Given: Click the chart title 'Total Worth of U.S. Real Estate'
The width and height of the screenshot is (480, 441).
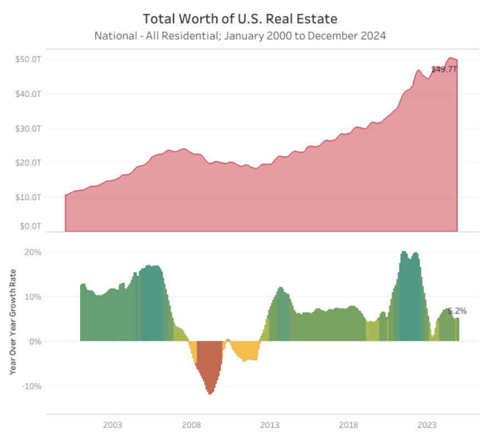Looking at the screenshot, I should tap(240, 18).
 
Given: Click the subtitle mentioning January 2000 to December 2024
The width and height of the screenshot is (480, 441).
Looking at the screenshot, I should tap(240, 36).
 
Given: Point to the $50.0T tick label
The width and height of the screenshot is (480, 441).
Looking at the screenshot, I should tap(29, 59).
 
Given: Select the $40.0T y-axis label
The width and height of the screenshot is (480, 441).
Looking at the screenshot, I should tap(29, 94).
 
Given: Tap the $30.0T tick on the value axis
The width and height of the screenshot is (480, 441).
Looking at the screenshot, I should tap(29, 128).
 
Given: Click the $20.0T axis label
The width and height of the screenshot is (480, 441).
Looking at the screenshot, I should tap(29, 163).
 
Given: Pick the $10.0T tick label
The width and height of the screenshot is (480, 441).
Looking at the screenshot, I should tap(29, 197).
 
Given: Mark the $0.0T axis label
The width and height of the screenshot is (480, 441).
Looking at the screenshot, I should tap(31, 226).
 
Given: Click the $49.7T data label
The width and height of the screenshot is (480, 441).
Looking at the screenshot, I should tap(444, 70).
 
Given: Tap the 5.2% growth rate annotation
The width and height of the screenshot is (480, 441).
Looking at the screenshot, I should tap(457, 311).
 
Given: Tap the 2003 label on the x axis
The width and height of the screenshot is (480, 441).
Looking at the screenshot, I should tap(112, 425).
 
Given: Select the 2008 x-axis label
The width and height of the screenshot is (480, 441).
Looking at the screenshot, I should tap(191, 425).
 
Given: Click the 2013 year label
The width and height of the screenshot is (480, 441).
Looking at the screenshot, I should tap(270, 425).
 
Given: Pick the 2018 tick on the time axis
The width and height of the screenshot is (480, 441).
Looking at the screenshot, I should tap(348, 425).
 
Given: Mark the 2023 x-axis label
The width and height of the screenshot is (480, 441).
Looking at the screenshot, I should tap(427, 425).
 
